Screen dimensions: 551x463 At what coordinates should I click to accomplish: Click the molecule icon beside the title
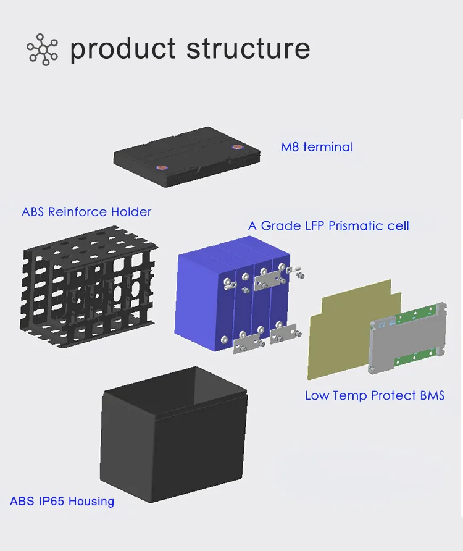point(42,49)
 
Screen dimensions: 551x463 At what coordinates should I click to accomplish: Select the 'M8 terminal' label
point(317,147)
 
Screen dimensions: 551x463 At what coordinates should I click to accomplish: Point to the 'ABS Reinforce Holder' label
point(86,212)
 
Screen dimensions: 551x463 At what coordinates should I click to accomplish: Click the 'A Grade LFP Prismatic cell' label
point(328,225)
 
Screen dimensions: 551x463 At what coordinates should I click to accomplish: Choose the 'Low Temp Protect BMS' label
point(375,395)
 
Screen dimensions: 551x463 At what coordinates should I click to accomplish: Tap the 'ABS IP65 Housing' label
point(62,501)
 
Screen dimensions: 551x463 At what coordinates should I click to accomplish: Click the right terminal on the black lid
point(235,147)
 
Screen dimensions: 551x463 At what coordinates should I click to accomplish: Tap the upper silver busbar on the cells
point(269,277)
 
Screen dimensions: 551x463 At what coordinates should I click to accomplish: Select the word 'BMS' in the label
point(432,395)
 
